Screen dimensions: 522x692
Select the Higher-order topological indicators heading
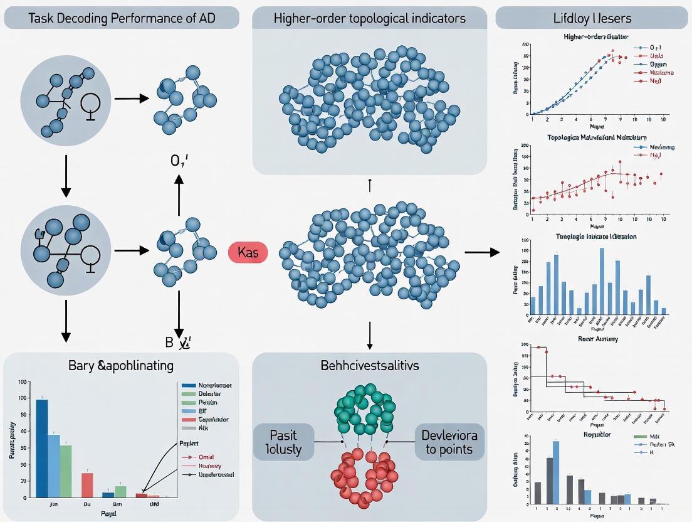[370, 18]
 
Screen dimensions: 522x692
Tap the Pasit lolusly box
[283, 442]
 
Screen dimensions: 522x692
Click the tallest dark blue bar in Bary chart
[41, 448]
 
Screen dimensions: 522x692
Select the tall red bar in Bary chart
[87, 485]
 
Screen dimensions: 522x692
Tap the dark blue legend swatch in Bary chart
[186, 385]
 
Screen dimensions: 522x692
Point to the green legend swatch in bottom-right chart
[640, 435]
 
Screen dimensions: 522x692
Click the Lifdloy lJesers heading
[593, 18]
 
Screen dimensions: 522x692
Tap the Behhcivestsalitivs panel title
[370, 365]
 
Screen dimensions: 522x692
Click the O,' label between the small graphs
[179, 161]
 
